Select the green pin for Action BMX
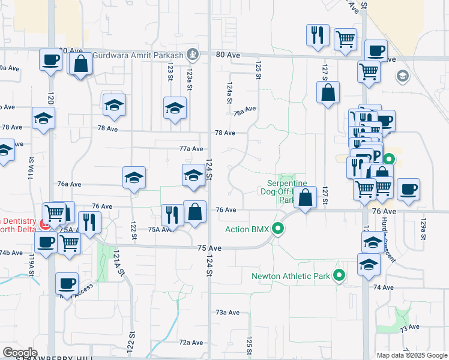(x=277, y=229)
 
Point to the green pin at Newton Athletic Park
(x=339, y=276)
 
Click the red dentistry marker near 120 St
(x=44, y=224)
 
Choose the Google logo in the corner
(x=20, y=353)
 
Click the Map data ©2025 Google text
(x=412, y=355)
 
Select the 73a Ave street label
(x=228, y=313)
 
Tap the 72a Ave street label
(x=191, y=343)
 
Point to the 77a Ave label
(x=191, y=149)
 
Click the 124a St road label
(x=229, y=94)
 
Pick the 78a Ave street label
(x=245, y=112)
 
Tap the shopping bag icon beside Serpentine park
(x=306, y=198)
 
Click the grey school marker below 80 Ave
(x=402, y=76)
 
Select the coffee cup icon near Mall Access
(x=67, y=283)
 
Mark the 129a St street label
(x=423, y=230)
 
